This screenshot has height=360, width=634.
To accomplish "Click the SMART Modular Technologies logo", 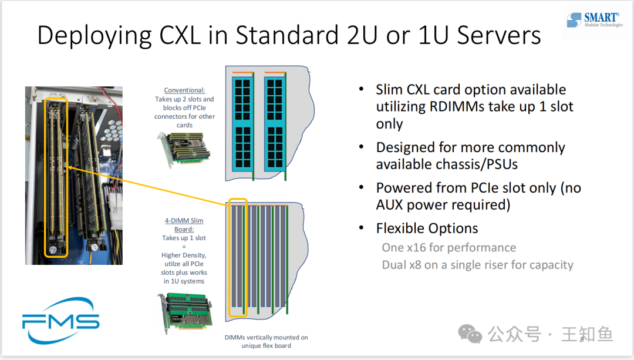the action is coord(595,21).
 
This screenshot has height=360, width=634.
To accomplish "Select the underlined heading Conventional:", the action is coord(184,90).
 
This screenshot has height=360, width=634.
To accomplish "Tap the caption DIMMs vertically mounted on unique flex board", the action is coord(266,341).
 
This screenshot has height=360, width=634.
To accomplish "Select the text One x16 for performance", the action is coord(449,247).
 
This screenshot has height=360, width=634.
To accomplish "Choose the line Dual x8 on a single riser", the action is coord(477,264).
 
